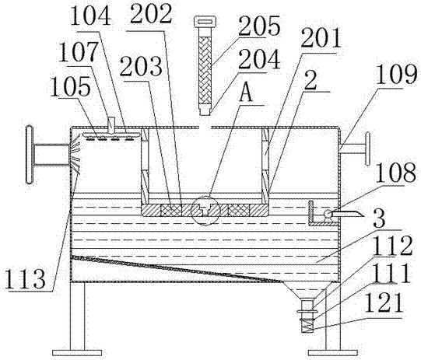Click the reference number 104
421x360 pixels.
(90, 16)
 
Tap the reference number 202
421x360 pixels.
(151, 14)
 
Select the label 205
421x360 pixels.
(259, 26)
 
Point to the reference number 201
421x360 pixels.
(321, 39)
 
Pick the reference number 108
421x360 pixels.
(396, 173)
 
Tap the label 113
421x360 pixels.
(25, 279)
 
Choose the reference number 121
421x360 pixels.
(384, 302)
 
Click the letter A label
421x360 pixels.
(246, 94)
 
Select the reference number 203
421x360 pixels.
(141, 66)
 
